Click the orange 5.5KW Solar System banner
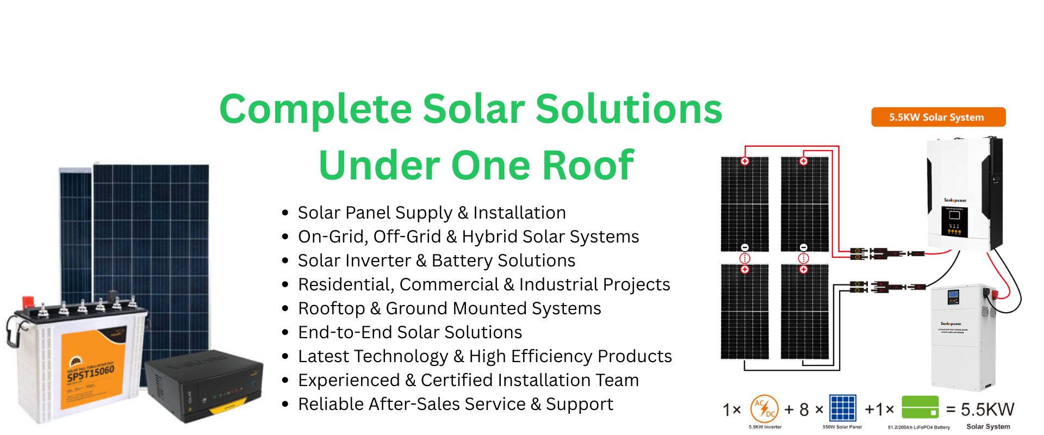[938, 117]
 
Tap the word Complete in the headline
[316, 109]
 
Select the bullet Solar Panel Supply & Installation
[432, 213]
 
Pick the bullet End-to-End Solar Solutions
[410, 332]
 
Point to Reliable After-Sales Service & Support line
[456, 404]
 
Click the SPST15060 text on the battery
[91, 374]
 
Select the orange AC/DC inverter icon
[765, 408]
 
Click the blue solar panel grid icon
[842, 408]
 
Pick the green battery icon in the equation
[920, 407]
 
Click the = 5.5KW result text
[981, 409]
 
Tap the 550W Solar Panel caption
[842, 427]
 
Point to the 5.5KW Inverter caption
[765, 427]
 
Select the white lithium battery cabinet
[963, 337]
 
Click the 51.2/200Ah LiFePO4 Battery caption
[919, 427]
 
